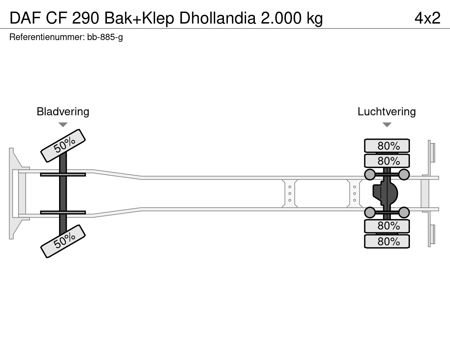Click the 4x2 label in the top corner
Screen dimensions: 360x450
(427, 18)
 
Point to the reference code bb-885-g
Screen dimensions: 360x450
(105, 37)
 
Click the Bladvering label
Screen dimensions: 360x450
(63, 111)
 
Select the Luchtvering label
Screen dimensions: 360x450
(387, 111)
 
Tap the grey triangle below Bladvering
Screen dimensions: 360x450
(63, 125)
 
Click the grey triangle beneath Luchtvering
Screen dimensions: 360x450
(387, 125)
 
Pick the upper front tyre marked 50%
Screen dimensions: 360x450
(63, 146)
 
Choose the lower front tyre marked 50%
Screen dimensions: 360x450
(63, 241)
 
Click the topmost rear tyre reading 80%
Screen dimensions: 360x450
(387, 146)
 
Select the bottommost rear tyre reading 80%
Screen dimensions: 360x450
(387, 242)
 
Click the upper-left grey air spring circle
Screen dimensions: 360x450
(370, 174)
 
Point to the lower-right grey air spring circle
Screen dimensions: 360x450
(404, 212)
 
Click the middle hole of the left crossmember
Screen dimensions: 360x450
(290, 193)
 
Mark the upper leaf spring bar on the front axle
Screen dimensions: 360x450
(63, 174)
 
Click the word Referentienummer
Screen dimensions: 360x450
(47, 37)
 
